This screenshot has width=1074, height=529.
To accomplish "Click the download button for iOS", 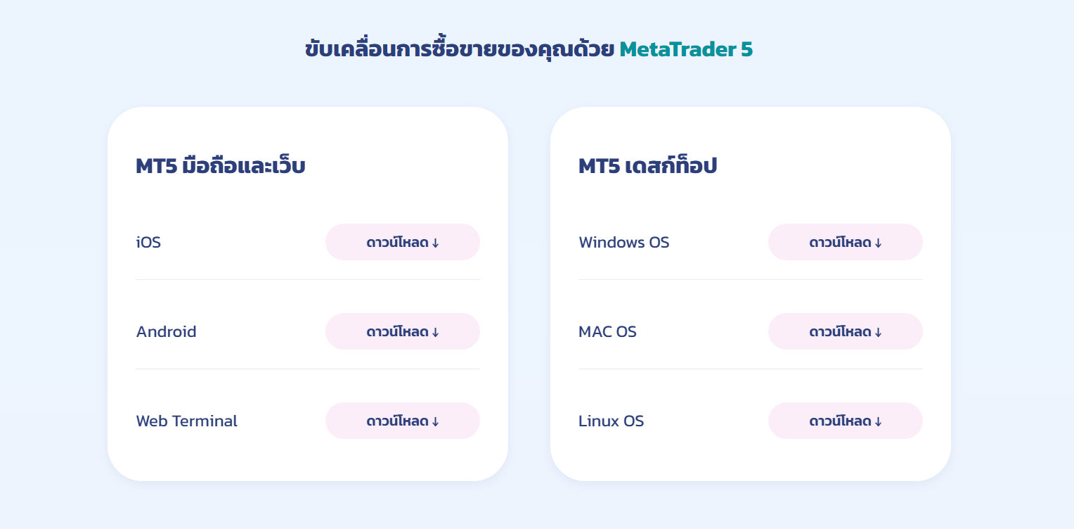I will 402,242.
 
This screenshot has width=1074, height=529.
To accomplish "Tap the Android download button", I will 402,331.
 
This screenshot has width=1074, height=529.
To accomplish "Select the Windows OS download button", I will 845,242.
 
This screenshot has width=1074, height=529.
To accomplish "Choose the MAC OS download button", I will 845,331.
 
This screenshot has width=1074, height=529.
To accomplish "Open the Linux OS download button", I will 845,421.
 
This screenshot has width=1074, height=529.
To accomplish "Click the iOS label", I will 148,242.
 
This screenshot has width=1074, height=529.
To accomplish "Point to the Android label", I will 166,331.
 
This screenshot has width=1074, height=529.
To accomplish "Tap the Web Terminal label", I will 186,421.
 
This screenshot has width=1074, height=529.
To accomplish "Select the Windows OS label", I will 623,242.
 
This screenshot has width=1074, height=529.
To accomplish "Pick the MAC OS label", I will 607,331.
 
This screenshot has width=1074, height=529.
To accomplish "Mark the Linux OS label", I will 611,421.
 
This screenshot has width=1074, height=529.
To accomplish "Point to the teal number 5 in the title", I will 746,49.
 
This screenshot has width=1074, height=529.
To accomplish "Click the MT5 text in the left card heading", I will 156,167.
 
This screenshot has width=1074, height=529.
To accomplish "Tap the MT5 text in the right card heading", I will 599,167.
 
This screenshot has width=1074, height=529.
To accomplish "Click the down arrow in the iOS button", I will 435,243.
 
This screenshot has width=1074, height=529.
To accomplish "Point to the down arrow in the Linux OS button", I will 878,421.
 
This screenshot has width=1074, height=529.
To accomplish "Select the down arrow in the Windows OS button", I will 878,243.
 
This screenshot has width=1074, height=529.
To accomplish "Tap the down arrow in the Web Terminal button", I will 435,421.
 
